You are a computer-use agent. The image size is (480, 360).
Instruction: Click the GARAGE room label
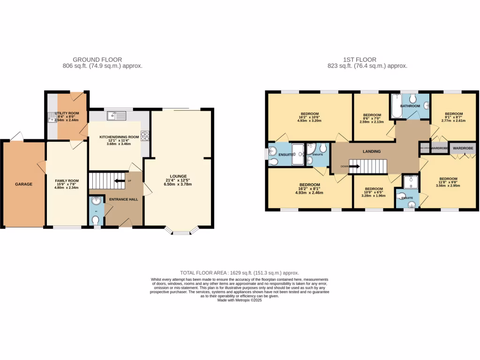(x=23, y=184)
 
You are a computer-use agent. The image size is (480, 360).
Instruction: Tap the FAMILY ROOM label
(x=67, y=180)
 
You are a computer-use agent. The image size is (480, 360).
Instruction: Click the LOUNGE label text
(x=179, y=176)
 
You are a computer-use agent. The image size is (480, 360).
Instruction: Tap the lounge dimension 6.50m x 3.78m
(x=179, y=184)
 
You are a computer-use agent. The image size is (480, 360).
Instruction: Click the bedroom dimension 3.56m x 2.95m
(x=448, y=186)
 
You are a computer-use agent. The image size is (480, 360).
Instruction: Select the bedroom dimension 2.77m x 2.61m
(x=453, y=120)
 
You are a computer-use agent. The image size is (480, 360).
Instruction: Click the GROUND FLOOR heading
(x=97, y=60)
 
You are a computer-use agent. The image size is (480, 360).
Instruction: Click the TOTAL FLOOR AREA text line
(x=240, y=273)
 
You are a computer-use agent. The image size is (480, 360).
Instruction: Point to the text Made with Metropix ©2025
(x=240, y=300)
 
